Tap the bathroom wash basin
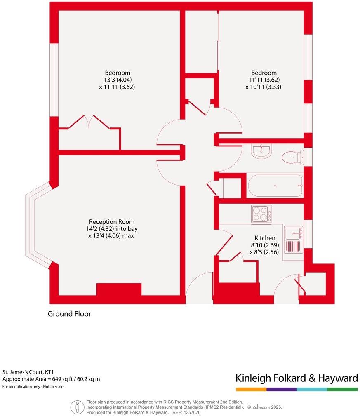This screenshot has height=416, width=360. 261,151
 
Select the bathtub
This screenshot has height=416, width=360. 275,186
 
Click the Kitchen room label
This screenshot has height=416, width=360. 265,238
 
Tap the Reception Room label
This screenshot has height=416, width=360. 113,222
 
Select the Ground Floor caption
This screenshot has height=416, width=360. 69,314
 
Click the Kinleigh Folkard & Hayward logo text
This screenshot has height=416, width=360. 296,378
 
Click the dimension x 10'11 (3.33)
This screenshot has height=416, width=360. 263,87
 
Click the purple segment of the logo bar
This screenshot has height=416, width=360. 281,389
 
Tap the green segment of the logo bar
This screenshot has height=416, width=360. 342,389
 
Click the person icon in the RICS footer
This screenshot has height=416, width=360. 77,407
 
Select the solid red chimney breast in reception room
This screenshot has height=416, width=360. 119,289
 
